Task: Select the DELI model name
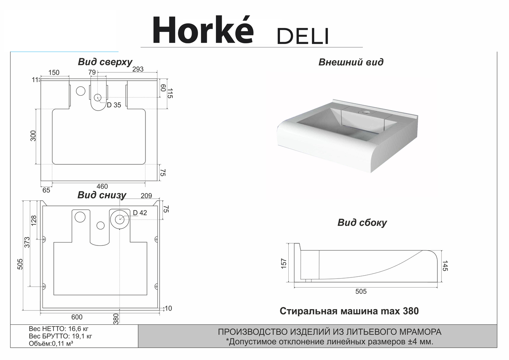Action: pos(303,36)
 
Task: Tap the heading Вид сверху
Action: pos(105,62)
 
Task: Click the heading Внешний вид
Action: pos(351,62)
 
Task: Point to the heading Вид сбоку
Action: pos(362,222)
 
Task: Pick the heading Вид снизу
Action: pos(102,195)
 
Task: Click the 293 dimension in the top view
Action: pos(138,69)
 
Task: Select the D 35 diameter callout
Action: pos(114,105)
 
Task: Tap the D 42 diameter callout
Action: pos(140,213)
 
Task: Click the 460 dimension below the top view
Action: pos(102,186)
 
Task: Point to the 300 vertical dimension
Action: pos(33,136)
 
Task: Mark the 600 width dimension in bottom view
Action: pos(77,317)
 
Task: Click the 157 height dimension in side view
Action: pos(284,264)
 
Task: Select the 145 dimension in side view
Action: pos(445,266)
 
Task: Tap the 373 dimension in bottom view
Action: pos(27,242)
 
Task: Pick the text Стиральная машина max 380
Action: pos(349,311)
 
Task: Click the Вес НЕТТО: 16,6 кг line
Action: pos(59,329)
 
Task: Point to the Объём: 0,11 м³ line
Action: pos(51,343)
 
